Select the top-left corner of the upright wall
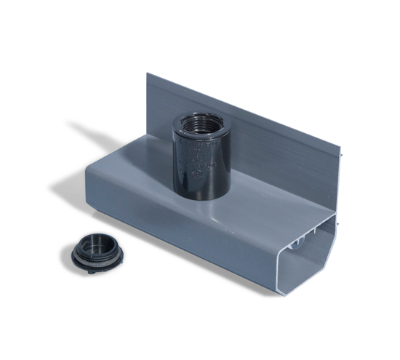click(x=148, y=73)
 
